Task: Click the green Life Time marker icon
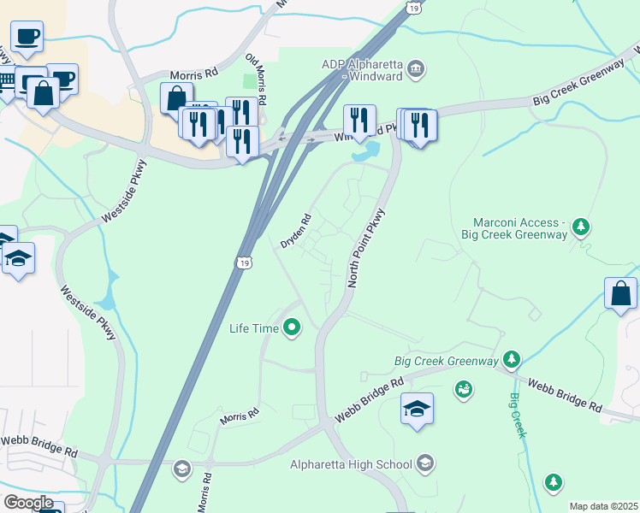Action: (293, 327)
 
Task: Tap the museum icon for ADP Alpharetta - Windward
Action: (416, 69)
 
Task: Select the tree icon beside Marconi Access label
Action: (582, 227)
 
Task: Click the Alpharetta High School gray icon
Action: (425, 464)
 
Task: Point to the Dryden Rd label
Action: (295, 231)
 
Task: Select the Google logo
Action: (27, 502)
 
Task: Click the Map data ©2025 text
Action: (603, 506)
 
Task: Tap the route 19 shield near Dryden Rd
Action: (245, 262)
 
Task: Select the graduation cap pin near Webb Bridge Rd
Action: (417, 409)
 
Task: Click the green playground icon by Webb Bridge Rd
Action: (464, 391)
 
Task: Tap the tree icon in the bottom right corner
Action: (554, 483)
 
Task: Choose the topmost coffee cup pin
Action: (26, 37)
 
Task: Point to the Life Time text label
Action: (254, 327)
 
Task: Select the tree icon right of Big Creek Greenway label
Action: (512, 360)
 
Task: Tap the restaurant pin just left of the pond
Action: (359, 120)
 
